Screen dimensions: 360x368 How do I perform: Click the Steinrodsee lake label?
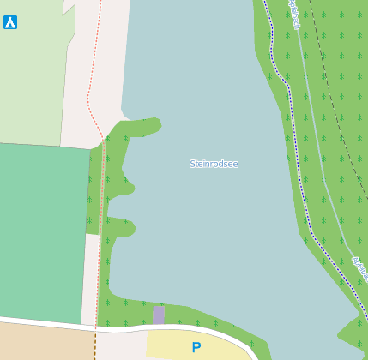click(214, 163)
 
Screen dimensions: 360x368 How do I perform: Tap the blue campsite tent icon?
click(10, 23)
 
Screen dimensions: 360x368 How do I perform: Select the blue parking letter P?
click(196, 347)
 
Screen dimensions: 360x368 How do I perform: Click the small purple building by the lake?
click(158, 315)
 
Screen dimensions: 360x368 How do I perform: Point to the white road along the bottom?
click(51, 321)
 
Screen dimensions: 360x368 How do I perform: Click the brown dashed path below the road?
click(94, 347)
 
